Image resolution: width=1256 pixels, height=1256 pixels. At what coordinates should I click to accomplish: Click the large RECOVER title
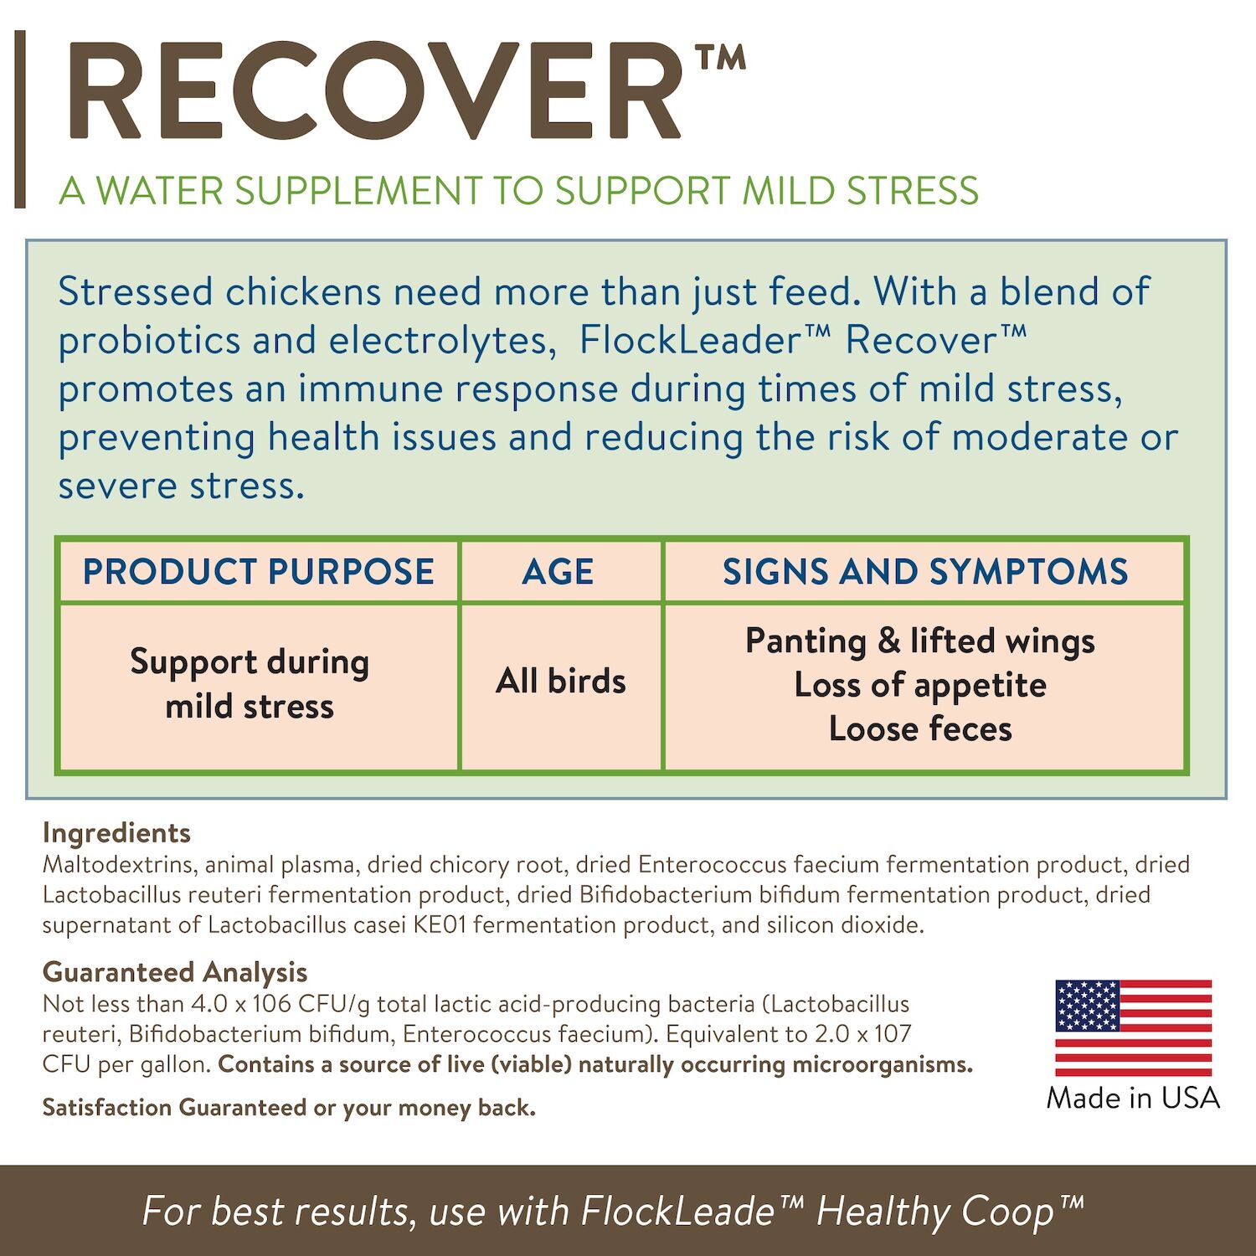point(377,92)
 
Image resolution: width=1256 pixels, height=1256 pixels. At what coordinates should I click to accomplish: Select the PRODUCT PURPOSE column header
point(258,572)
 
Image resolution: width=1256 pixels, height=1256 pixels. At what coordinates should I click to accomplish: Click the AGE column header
point(559,572)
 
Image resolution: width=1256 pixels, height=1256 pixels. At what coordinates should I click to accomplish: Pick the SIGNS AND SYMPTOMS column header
point(925,572)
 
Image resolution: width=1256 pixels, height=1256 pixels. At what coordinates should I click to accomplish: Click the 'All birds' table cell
point(560,681)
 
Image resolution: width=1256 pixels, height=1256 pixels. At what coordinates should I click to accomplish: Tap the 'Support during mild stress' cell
point(250,684)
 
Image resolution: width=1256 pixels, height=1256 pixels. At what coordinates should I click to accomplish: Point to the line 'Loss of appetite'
point(920,685)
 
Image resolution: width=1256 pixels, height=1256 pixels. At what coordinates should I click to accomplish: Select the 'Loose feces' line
point(920,729)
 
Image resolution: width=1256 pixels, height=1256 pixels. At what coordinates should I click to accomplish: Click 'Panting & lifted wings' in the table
point(920,641)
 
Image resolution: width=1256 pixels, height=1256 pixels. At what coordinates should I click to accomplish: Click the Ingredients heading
point(116,833)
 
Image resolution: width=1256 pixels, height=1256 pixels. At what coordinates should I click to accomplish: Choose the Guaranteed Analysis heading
point(175,972)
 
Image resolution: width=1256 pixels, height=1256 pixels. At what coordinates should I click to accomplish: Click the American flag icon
point(1133,1027)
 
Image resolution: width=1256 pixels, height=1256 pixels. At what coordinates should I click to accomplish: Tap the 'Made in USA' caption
point(1133,1098)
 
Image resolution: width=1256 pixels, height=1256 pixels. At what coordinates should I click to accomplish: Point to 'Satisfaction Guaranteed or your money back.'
point(289,1108)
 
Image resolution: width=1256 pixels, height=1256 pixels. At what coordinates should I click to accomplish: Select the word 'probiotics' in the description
point(149,341)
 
